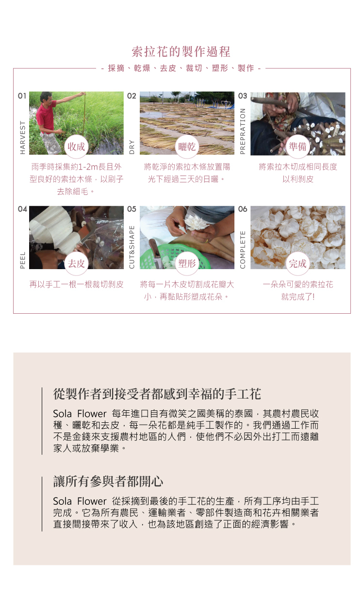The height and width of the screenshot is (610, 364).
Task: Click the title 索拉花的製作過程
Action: pos(181,52)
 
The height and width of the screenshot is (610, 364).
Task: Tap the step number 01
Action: pos(22,96)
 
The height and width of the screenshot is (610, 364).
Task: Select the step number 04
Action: pos(22,209)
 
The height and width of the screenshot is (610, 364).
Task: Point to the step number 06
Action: pos(242,209)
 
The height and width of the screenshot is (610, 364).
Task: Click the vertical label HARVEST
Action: pos(23,138)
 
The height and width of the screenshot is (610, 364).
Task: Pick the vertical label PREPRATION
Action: pos(242,131)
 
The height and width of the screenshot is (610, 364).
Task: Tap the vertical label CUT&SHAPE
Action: pos(132,247)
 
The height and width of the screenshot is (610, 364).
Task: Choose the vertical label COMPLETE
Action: pos(242,250)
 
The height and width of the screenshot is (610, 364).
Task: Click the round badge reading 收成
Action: pos(76,146)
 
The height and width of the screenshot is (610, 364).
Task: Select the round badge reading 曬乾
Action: pos(187,146)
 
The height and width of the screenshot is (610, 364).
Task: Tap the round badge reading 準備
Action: pos(298,146)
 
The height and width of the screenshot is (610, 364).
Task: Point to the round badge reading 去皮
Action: pos(76,263)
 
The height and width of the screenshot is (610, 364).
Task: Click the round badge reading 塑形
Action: pos(187,263)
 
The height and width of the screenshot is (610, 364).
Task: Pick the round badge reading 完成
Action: pos(298,263)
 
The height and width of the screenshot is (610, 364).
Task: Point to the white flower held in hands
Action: pos(195,223)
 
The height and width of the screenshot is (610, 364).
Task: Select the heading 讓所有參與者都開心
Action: pos(108,481)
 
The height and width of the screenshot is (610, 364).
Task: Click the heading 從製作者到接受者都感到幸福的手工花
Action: pos(157,394)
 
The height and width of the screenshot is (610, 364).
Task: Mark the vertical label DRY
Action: pos(132,147)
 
